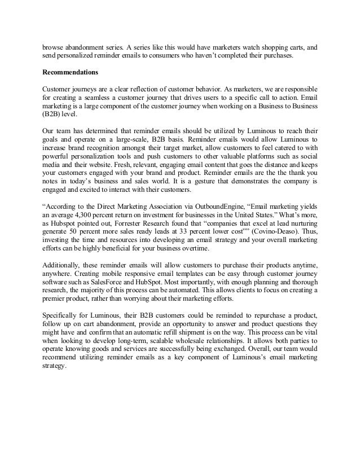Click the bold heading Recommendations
pyautogui.click(x=70, y=73)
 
